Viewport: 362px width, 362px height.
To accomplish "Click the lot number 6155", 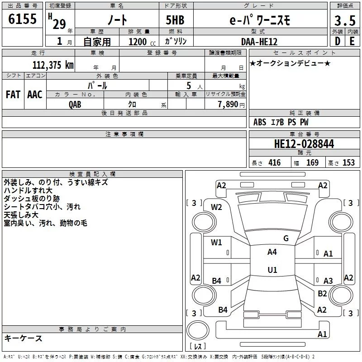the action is click(x=22, y=19).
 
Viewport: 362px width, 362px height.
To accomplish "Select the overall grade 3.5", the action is click(x=345, y=20).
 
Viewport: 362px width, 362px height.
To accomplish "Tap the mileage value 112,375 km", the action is click(x=53, y=65).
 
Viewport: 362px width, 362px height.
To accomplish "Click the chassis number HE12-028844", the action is click(x=304, y=143).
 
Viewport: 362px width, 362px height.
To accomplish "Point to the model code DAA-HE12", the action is click(x=259, y=42).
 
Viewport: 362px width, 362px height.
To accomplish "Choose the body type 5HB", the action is click(x=175, y=20).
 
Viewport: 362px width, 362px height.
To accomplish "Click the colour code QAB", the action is click(x=75, y=105).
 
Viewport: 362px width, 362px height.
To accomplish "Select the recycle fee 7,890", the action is click(x=228, y=104).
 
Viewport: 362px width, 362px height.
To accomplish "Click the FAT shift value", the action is click(x=13, y=95).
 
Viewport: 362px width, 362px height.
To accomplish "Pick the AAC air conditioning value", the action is click(x=35, y=95).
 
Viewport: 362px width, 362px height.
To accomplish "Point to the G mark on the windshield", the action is click(x=286, y=238).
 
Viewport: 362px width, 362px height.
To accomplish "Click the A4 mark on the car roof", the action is click(x=272, y=252).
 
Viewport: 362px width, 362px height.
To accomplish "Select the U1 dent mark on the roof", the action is click(x=272, y=270).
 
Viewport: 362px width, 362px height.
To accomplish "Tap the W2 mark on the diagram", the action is click(x=216, y=207).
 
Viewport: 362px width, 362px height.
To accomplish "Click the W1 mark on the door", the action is click(x=216, y=242).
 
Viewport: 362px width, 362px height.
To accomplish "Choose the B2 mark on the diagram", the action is click(x=322, y=293).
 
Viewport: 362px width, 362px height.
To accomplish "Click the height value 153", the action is click(x=348, y=162).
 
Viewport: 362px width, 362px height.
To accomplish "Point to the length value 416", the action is click(x=275, y=162).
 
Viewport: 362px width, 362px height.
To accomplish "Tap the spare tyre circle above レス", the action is click(x=198, y=330).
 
